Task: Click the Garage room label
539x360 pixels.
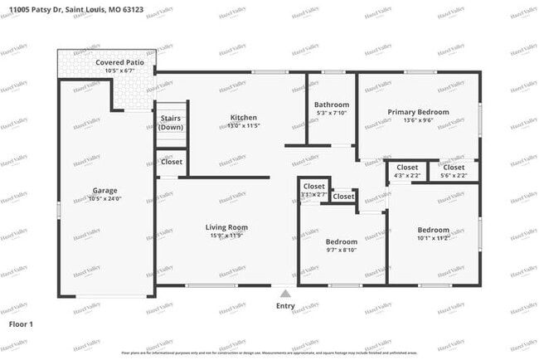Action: pos(105,190)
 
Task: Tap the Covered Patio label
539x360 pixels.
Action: pos(118,62)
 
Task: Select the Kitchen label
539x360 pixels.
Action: pos(243,117)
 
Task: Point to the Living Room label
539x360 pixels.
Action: pos(226,227)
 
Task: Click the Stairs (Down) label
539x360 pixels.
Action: pos(172,123)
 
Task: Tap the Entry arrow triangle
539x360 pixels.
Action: pos(284,293)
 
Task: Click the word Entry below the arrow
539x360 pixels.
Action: pos(284,305)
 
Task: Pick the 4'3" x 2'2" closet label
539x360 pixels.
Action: pos(407,175)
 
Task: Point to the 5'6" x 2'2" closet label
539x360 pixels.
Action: pos(453,175)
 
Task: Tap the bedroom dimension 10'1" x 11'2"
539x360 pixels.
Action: pos(433,238)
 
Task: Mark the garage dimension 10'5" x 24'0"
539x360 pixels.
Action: pos(105,199)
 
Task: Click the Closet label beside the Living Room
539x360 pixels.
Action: pos(172,162)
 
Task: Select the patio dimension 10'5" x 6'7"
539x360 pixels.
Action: pos(118,71)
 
